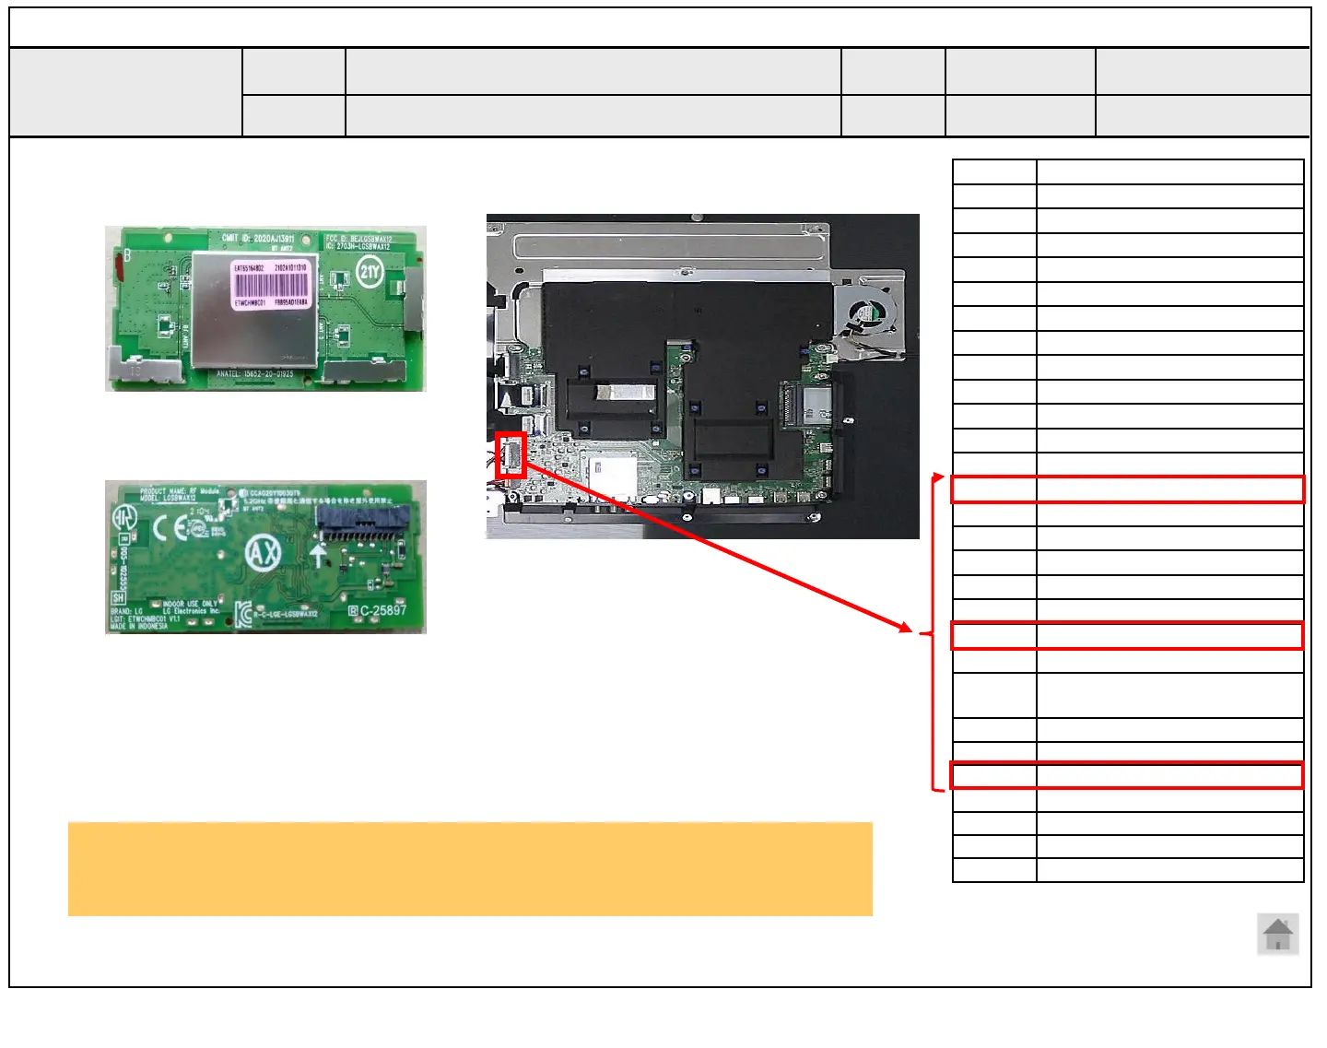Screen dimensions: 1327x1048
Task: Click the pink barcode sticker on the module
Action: tap(271, 285)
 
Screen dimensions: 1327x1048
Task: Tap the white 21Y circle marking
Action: tap(370, 271)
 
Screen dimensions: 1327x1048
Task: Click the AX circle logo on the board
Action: tap(263, 554)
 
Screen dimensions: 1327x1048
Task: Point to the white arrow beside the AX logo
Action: tap(319, 555)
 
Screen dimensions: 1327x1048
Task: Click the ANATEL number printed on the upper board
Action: tap(254, 374)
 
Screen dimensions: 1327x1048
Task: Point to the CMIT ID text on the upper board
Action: tap(257, 238)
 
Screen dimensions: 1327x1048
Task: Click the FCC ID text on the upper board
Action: tap(358, 239)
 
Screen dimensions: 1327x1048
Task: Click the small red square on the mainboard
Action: tap(511, 454)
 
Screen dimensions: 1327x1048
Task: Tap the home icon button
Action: tap(1277, 934)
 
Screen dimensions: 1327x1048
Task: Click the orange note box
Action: tap(470, 868)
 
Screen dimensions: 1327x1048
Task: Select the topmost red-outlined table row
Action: tap(1127, 489)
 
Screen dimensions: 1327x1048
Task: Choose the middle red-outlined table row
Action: tap(1127, 636)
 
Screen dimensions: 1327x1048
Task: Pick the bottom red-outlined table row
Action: tap(1127, 776)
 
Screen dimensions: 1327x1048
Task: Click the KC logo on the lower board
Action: tap(243, 614)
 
